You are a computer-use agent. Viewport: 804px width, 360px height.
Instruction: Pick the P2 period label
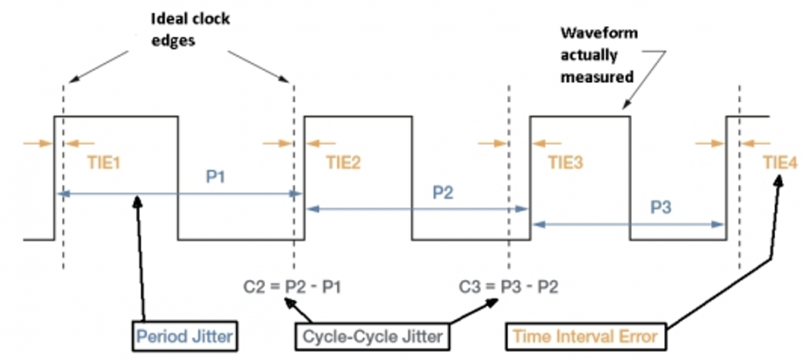[x=442, y=193]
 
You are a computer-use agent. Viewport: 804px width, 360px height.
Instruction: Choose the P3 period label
[x=661, y=208]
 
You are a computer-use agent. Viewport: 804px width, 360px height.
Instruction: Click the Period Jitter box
[x=184, y=336]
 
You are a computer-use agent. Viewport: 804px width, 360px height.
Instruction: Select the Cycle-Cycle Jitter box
[x=373, y=336]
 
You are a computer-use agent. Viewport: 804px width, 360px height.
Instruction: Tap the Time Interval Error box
[x=585, y=336]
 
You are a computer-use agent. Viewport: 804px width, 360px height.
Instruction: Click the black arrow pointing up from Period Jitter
[x=141, y=255]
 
